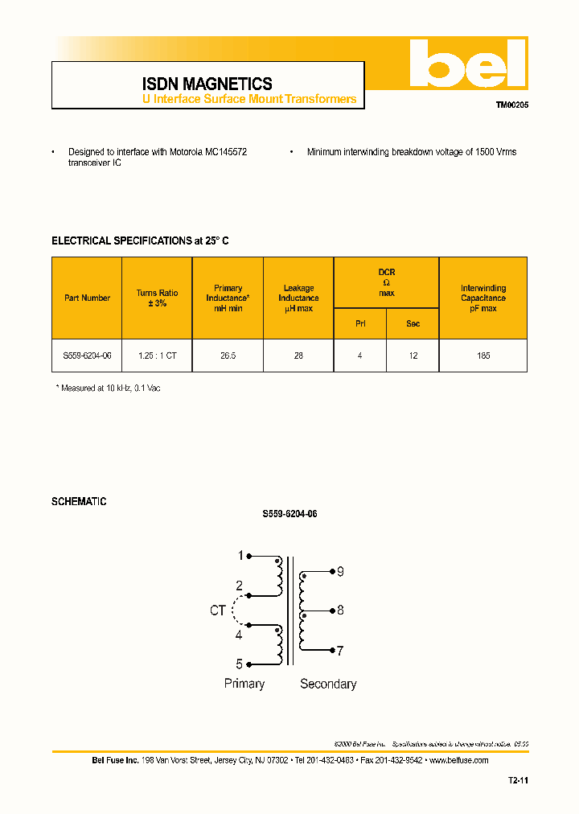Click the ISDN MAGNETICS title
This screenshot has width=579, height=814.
point(207,84)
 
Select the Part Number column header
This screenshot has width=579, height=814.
point(87,298)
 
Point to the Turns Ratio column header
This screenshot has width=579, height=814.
point(157,298)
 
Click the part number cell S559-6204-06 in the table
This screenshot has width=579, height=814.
point(87,356)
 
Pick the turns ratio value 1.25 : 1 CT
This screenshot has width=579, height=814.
point(157,356)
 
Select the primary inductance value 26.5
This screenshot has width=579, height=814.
point(228,356)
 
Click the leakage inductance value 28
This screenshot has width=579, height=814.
point(298,356)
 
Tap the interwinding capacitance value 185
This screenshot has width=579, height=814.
point(483,356)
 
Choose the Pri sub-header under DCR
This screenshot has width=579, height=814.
point(359,323)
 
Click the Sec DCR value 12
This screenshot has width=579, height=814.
point(413,356)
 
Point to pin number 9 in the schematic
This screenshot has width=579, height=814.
point(340,572)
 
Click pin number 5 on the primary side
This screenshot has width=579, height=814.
point(239,664)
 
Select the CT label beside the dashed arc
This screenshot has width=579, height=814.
point(217,611)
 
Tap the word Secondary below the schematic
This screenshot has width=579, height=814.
point(328,684)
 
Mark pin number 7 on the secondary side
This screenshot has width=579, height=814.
point(340,650)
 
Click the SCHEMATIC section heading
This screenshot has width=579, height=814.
point(79,502)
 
